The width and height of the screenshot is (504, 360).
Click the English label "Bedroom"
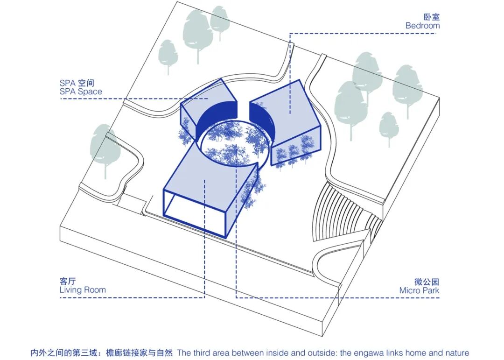point(422,26)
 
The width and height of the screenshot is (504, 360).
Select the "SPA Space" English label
point(80,92)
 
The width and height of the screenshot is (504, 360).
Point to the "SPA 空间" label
point(77,83)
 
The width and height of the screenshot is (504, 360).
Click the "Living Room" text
point(83,290)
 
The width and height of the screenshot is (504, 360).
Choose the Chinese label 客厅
point(67,281)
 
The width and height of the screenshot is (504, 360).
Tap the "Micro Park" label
point(419,290)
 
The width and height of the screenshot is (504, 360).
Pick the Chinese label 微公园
point(427,282)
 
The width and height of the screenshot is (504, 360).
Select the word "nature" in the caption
point(456,353)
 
